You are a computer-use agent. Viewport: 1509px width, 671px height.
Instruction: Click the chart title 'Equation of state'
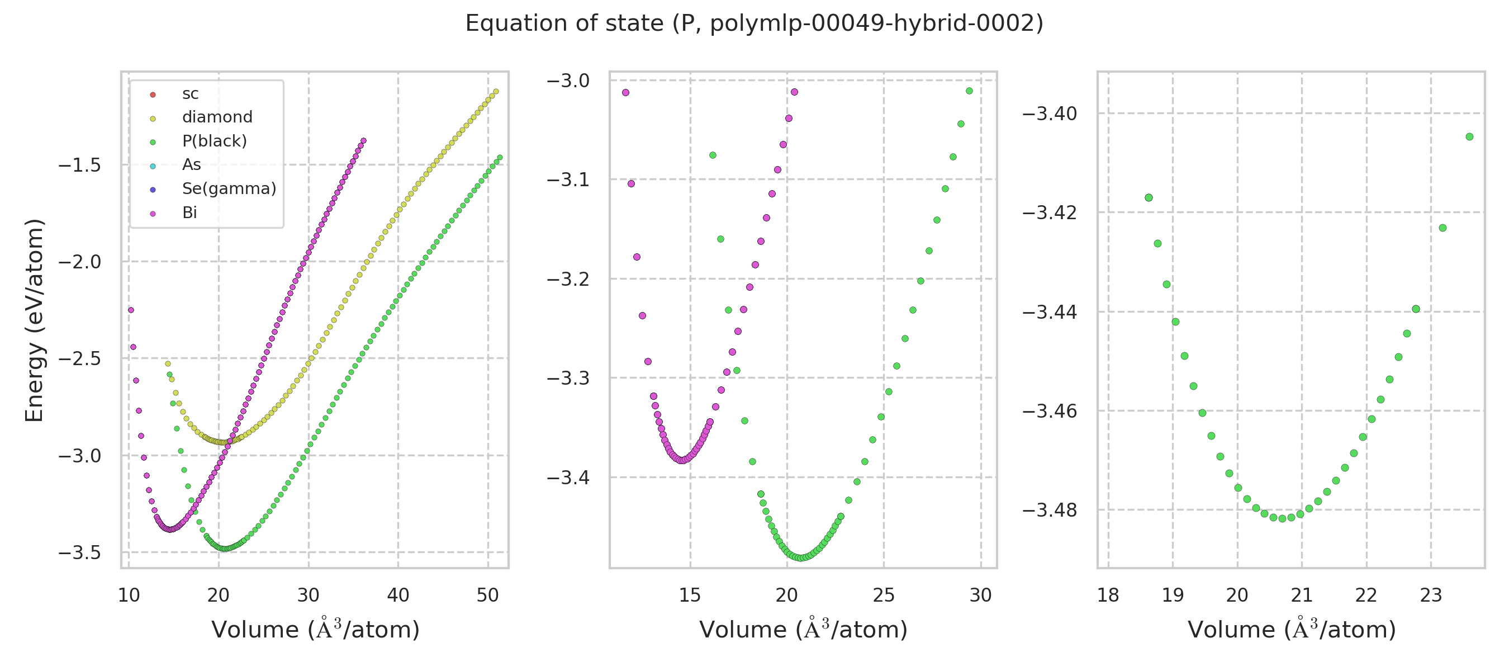click(754, 23)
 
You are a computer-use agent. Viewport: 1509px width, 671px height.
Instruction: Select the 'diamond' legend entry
click(217, 117)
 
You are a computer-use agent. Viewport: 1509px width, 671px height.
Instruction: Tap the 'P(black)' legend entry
click(215, 141)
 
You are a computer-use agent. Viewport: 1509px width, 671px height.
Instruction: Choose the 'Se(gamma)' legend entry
click(229, 188)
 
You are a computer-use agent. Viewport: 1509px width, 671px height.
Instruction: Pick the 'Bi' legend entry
click(189, 212)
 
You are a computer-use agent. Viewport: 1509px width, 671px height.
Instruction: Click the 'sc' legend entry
click(191, 94)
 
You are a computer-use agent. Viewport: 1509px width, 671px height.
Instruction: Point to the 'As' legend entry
click(192, 164)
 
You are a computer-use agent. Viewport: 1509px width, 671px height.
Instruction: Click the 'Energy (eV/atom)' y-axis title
click(35, 320)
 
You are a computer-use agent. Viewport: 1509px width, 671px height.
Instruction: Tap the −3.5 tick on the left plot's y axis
click(80, 552)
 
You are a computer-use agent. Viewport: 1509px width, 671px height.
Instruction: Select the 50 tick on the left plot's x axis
click(487, 596)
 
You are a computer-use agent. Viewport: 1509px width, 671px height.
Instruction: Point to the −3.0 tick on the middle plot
click(568, 81)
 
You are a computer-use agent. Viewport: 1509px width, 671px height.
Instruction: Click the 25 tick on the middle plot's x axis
click(884, 596)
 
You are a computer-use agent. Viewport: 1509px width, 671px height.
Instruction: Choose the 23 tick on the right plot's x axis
click(1431, 596)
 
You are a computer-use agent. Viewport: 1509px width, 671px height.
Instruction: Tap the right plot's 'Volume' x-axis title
click(1291, 630)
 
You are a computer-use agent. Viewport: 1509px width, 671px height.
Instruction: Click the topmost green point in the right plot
click(1469, 137)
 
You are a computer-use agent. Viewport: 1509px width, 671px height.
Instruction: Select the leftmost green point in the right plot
click(1149, 198)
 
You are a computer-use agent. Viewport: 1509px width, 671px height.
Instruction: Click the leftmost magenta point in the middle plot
click(625, 93)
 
